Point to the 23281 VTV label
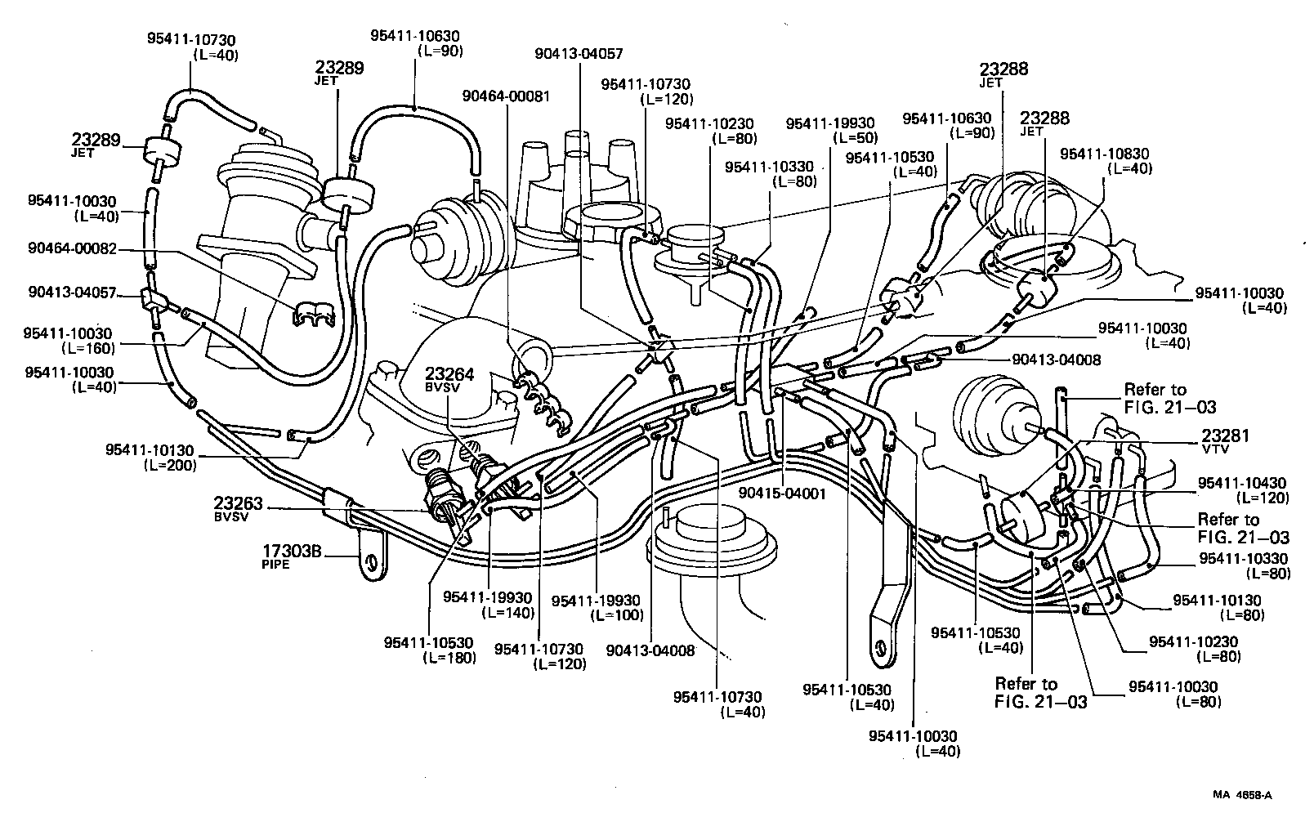coord(1225,441)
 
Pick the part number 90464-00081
coord(507,96)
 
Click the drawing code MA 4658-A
coord(1243,794)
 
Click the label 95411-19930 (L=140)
coord(488,604)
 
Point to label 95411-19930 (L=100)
coord(597,607)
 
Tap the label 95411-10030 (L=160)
coord(69,340)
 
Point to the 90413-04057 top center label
coord(579,54)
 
